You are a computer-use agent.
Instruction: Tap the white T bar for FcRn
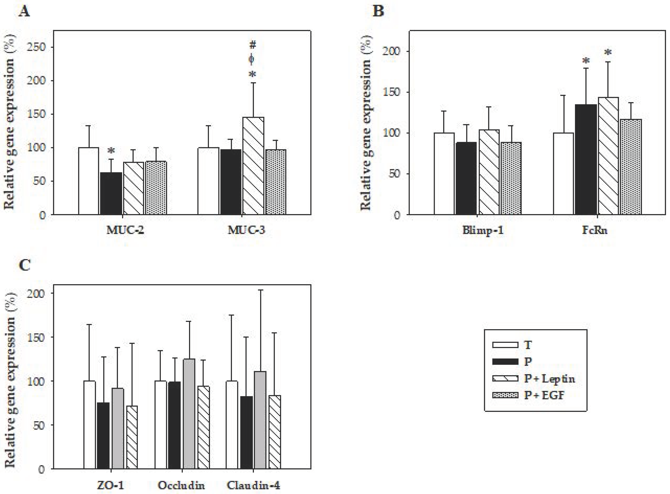(563, 173)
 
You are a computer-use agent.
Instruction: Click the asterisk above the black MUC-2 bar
(111, 150)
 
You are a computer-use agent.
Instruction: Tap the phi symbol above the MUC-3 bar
(252, 59)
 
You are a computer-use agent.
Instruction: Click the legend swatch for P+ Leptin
(505, 379)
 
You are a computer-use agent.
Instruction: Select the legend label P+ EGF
(544, 395)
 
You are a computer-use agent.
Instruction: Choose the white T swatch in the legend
(505, 345)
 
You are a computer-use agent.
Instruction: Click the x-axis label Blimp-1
(483, 230)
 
